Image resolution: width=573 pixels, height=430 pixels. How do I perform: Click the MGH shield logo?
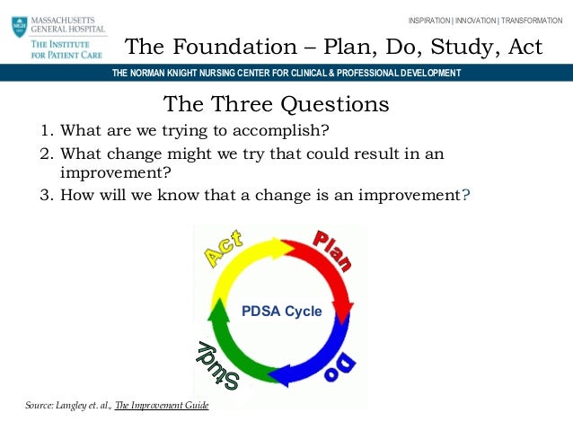[20, 26]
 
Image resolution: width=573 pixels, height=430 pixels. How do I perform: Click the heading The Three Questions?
[277, 104]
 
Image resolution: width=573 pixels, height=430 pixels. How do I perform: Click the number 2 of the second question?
[44, 154]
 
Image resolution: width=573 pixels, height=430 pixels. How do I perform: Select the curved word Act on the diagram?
[225, 249]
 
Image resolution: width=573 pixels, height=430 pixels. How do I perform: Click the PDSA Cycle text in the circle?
[281, 312]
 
